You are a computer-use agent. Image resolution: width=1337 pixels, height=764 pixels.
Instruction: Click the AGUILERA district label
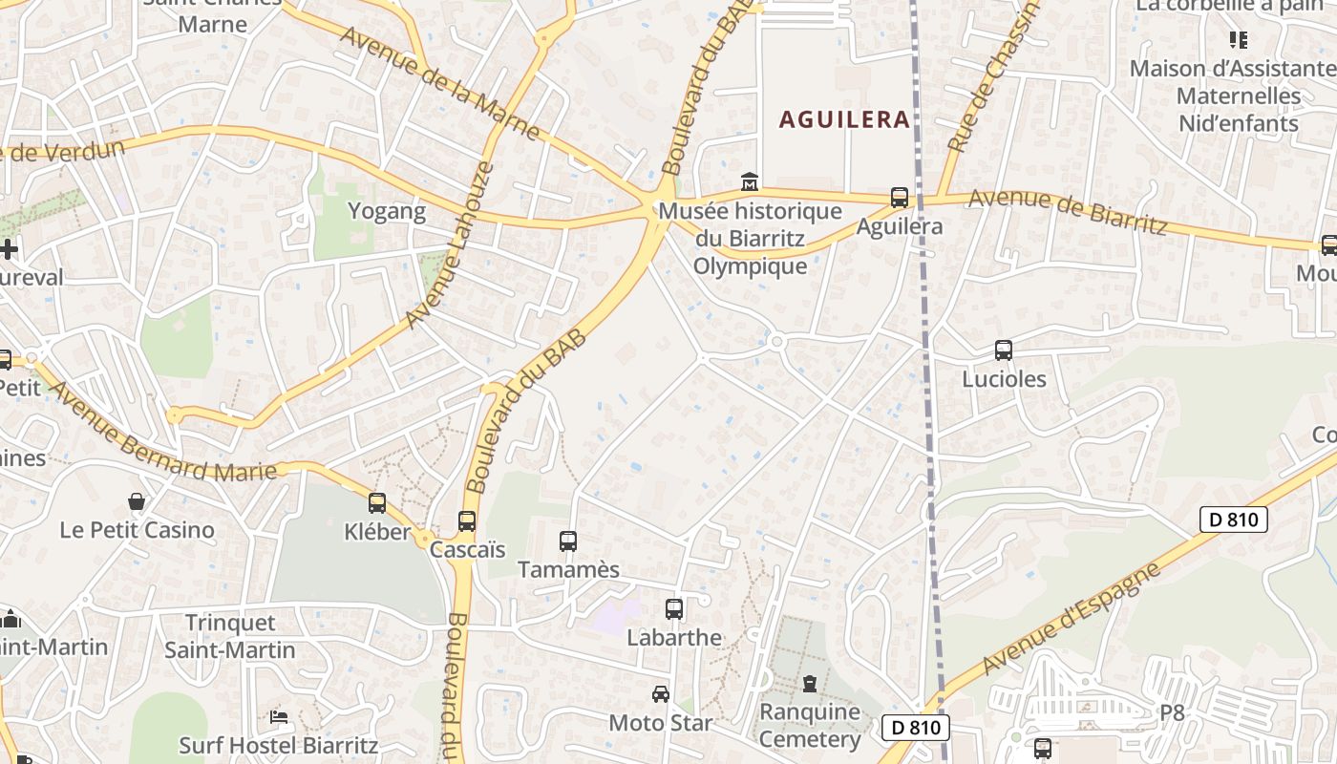click(844, 119)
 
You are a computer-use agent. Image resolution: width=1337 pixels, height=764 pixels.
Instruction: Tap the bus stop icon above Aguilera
click(900, 198)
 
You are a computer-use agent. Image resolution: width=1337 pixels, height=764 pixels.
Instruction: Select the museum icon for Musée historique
click(750, 181)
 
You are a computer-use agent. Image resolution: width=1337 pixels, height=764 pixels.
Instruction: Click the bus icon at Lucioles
click(1003, 350)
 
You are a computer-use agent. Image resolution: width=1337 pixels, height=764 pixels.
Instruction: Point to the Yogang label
click(387, 211)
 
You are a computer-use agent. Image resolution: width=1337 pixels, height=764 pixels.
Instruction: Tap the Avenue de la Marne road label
click(439, 82)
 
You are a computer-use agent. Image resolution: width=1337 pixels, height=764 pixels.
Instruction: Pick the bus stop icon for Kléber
click(377, 502)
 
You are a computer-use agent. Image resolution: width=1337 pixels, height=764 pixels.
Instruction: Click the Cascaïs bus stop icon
click(467, 521)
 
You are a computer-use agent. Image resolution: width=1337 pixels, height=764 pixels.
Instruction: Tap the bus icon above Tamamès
click(568, 541)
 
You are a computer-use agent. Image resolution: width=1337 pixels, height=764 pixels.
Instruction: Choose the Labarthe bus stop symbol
click(674, 608)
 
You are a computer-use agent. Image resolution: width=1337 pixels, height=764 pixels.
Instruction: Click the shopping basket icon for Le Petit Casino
click(138, 501)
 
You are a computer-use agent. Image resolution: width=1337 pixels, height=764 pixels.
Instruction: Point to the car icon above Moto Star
click(661, 694)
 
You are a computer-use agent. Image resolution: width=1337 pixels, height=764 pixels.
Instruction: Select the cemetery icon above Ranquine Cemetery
click(810, 683)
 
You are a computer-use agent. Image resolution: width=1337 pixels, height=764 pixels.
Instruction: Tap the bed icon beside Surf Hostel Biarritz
click(279, 716)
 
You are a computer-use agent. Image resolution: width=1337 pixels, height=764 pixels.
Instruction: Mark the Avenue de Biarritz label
click(1068, 212)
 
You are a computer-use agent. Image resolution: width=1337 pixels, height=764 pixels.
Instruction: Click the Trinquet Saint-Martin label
click(230, 636)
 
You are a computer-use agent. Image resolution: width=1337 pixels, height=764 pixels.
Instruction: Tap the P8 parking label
click(1172, 712)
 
